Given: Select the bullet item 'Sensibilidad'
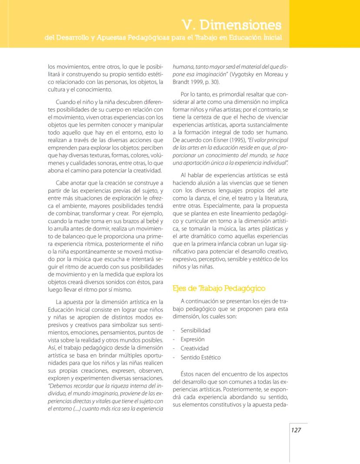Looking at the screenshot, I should pos(195,330).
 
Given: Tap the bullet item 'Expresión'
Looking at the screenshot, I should pos(192,339).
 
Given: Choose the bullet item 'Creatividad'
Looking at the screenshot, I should pos(194,348).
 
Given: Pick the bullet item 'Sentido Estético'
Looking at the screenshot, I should pos(200,357).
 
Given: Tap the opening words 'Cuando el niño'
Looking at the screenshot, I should pos(76,102).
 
